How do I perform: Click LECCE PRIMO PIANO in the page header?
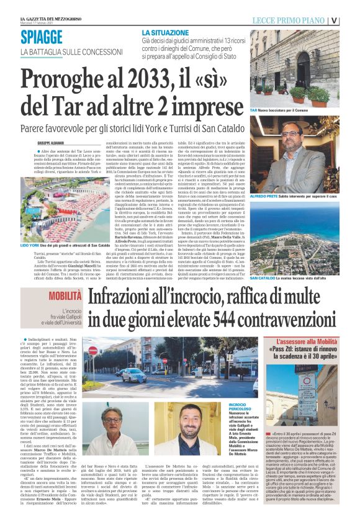[x=288, y=20]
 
